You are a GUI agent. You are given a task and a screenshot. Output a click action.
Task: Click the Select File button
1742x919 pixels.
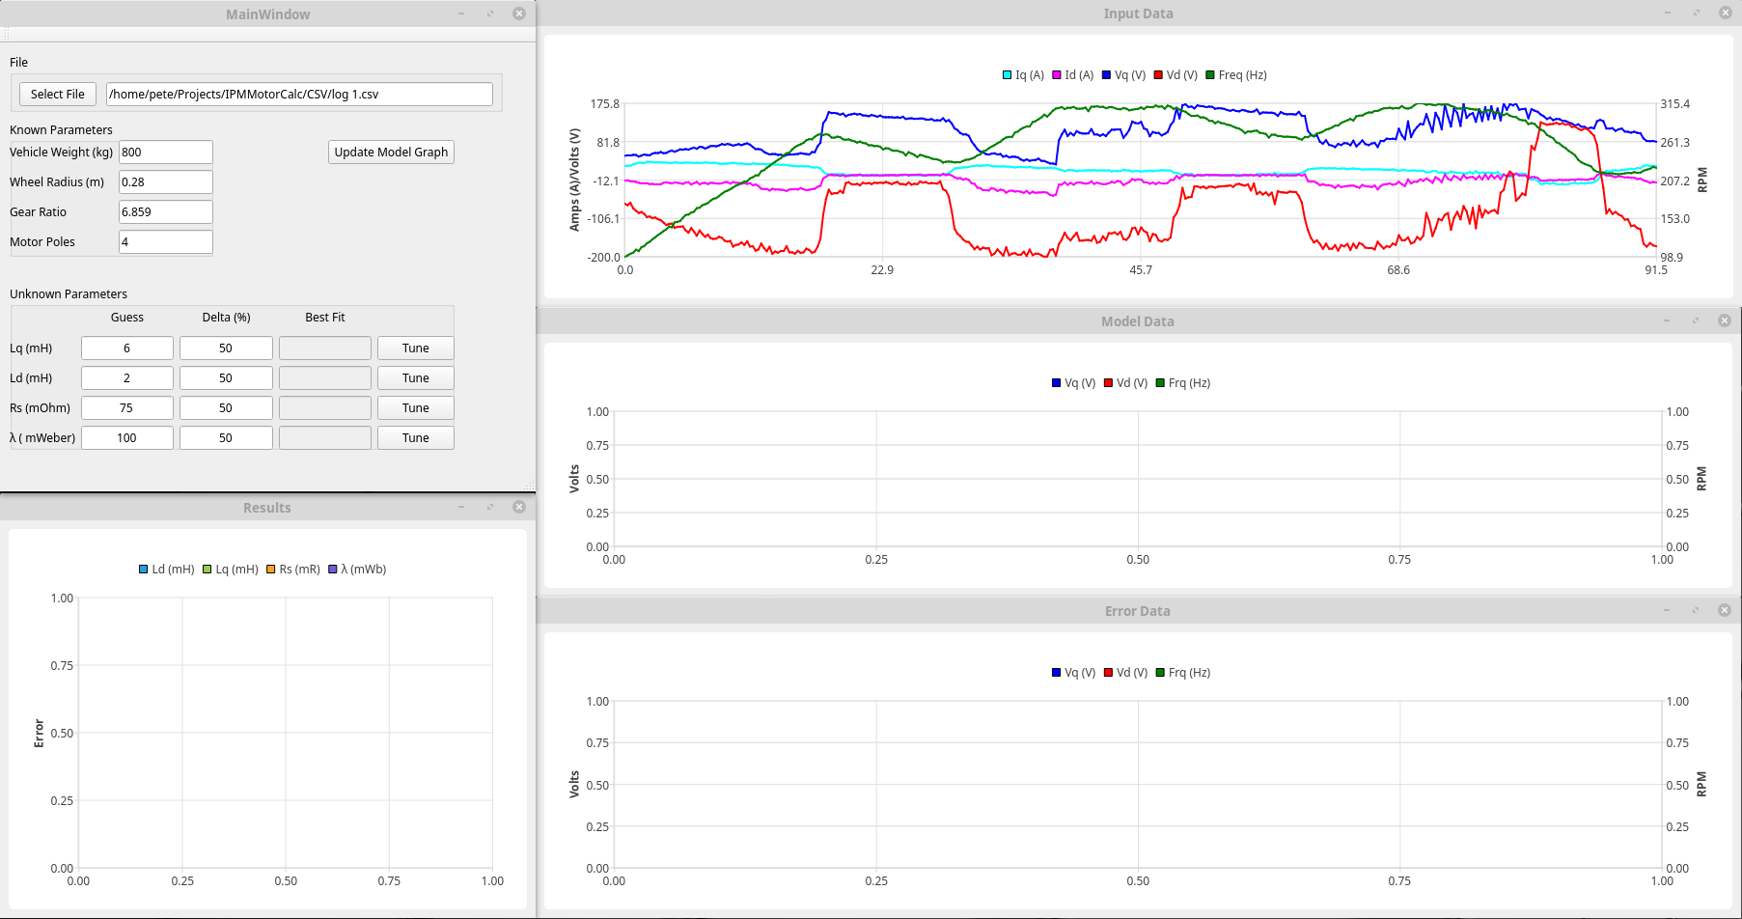click(58, 94)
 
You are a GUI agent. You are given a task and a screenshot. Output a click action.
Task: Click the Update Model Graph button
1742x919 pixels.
click(391, 152)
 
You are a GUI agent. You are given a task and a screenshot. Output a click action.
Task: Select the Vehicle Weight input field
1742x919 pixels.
click(165, 152)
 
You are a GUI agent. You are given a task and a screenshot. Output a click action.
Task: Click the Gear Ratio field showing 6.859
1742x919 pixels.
click(165, 211)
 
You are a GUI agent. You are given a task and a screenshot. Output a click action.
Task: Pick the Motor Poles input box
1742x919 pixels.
click(165, 241)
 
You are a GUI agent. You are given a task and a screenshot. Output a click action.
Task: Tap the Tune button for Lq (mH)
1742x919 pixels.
click(415, 348)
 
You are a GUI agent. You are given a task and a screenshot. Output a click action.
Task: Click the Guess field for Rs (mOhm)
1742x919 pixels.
click(126, 407)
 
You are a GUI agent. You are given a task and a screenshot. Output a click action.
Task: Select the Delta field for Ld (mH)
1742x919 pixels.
click(225, 377)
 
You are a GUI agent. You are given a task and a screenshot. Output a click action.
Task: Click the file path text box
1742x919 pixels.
click(299, 94)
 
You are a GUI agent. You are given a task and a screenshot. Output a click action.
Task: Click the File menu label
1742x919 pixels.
click(19, 62)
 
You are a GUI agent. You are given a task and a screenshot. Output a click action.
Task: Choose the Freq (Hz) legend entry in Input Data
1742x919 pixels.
click(1236, 74)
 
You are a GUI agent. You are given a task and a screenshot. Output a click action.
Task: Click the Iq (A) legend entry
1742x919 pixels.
click(1024, 74)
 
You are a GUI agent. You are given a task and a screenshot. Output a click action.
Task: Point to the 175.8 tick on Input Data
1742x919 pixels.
click(604, 103)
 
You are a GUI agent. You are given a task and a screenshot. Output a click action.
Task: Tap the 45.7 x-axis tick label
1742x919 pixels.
click(1140, 269)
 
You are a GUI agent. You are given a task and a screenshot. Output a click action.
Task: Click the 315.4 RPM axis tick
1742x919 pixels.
click(1674, 103)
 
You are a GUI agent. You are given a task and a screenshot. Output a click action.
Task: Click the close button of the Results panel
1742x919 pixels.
click(519, 507)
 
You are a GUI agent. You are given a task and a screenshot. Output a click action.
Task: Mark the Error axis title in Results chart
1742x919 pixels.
click(39, 733)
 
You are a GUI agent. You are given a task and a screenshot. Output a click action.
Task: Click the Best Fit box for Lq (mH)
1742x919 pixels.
click(324, 348)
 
